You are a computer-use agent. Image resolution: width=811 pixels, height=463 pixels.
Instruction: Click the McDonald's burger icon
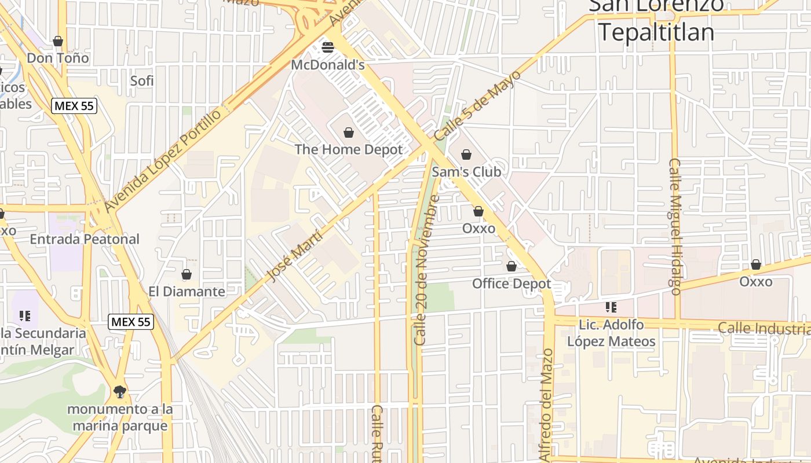328,47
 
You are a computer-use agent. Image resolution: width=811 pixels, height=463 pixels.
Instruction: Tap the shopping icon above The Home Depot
349,133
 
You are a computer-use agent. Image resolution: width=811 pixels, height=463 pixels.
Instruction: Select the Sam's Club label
466,172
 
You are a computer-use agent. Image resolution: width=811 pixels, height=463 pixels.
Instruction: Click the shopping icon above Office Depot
512,266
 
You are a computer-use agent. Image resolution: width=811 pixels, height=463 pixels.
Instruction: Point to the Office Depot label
512,284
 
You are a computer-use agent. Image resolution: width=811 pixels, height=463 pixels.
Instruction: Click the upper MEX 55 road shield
74,106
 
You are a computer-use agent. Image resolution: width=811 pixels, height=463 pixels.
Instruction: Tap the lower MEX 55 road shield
131,322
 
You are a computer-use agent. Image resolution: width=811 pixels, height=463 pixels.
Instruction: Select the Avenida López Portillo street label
163,160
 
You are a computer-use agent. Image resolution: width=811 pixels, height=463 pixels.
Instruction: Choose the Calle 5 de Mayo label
478,105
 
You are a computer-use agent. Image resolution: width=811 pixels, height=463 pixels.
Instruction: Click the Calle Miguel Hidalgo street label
675,226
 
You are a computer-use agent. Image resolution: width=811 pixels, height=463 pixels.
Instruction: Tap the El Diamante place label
187,291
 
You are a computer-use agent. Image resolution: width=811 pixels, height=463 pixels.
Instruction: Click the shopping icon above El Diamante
187,274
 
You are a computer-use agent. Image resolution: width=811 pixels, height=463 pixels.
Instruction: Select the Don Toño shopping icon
58,41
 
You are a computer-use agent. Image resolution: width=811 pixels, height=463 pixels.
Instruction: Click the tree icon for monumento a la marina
120,392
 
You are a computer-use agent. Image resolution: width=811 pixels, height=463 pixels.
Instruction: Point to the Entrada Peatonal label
85,239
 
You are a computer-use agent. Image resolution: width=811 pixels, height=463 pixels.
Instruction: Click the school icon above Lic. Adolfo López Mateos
611,307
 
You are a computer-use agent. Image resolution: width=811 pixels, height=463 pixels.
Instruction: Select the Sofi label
142,80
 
